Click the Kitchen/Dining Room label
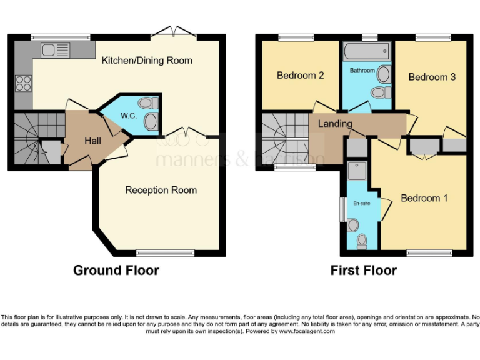tap(147, 61)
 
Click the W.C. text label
tap(129, 116)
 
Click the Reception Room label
tap(161, 190)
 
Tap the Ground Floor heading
tap(116, 271)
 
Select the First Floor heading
tap(363, 271)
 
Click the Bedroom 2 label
tap(300, 76)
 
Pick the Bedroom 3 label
tap(432, 77)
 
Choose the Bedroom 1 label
tap(424, 198)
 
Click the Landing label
tap(335, 124)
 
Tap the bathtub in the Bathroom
tap(366, 49)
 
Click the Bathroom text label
tap(362, 71)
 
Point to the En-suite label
tap(361, 203)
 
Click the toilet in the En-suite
tap(361, 241)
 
